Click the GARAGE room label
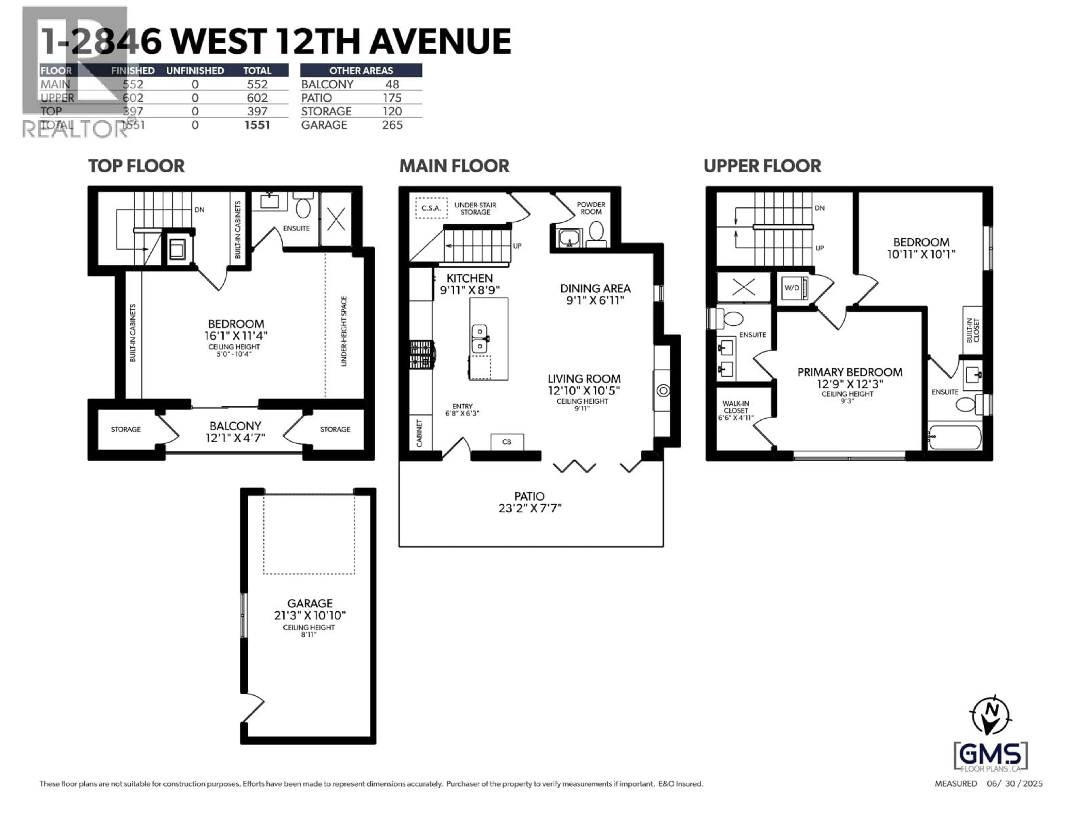click(310, 603)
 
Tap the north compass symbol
click(990, 716)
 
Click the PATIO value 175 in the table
click(392, 98)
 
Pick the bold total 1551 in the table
click(257, 125)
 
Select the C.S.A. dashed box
click(431, 208)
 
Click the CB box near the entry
click(507, 442)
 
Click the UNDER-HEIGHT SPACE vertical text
click(344, 331)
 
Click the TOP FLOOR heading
click(136, 166)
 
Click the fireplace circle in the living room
click(663, 391)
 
